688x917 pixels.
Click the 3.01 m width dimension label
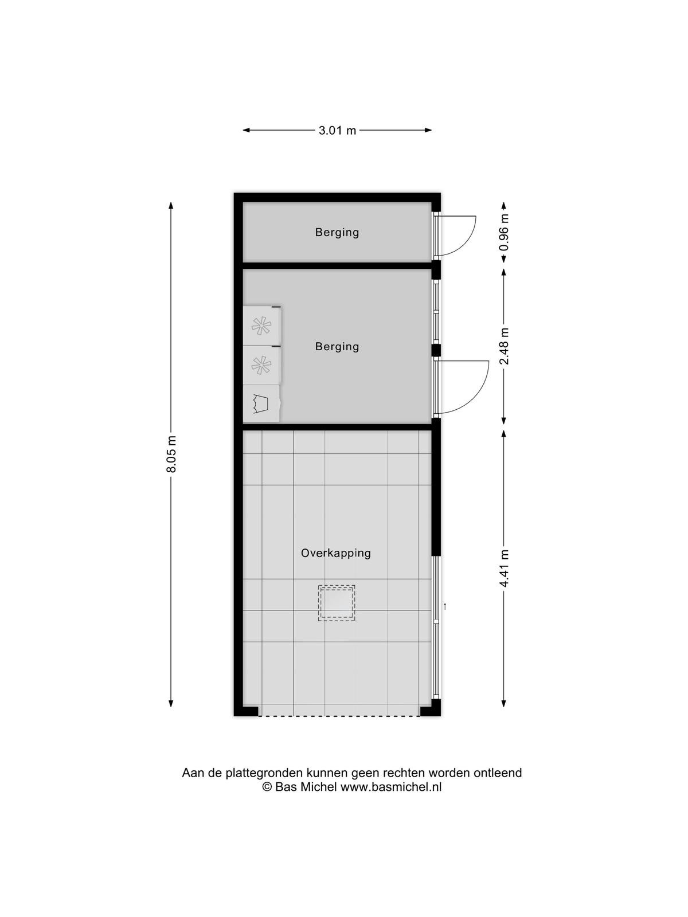(x=337, y=131)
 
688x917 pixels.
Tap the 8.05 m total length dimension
(x=171, y=454)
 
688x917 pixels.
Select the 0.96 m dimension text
(x=505, y=232)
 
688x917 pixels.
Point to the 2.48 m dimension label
(x=505, y=346)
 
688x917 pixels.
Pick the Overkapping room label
(x=336, y=553)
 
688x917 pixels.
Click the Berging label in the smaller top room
(x=337, y=232)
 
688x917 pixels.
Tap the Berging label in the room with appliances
(x=337, y=346)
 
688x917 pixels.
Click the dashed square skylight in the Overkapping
(x=337, y=604)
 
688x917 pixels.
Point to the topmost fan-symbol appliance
(x=261, y=326)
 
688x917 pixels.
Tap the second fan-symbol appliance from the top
(x=261, y=365)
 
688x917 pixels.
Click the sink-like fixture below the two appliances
(x=261, y=403)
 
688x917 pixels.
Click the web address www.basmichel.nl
(x=391, y=787)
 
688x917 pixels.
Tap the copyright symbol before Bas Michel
(x=267, y=787)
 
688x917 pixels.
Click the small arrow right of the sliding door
(x=445, y=606)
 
